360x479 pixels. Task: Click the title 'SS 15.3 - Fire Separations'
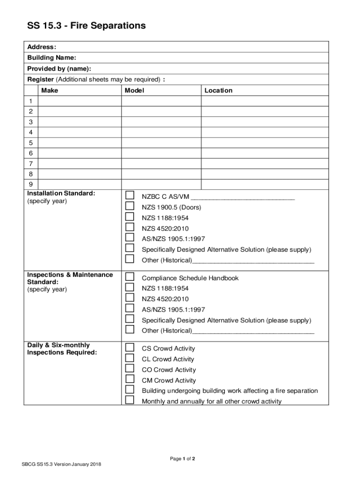pos(86,26)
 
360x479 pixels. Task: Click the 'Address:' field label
pos(42,47)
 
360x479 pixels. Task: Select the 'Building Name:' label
pos(51,58)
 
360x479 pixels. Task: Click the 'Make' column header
pos(50,90)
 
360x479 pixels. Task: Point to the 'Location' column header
pos(218,90)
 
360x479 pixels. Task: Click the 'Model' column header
pos(134,90)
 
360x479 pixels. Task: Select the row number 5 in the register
pos(31,143)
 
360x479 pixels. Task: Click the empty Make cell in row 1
pos(79,101)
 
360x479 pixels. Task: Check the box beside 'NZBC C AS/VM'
pos(130,195)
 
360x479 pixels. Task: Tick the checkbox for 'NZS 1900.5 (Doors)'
pos(130,206)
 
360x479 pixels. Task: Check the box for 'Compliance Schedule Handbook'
pos(130,276)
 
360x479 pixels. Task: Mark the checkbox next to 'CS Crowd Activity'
pos(130,347)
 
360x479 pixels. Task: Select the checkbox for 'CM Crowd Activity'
pos(130,379)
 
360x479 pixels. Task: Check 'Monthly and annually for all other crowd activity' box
pos(130,400)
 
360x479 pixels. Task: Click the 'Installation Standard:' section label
pos(61,193)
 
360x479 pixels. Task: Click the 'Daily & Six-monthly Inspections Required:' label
pos(62,349)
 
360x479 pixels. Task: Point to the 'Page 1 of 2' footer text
pos(182,459)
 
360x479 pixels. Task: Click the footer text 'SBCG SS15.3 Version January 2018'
pos(62,464)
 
